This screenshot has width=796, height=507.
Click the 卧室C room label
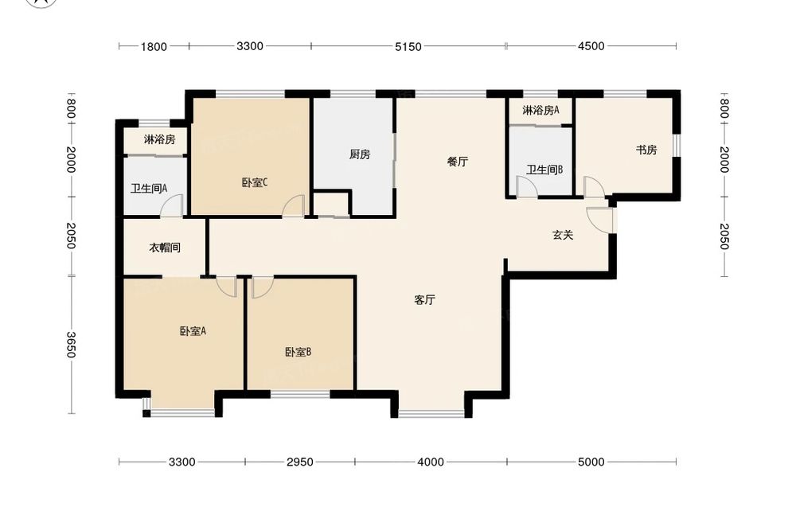[255, 182]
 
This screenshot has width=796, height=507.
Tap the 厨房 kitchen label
[360, 154]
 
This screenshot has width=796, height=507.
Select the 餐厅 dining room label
[458, 162]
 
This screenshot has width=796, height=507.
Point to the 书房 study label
[646, 150]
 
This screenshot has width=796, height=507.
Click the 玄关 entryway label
[563, 235]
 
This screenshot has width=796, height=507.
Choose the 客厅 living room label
[424, 300]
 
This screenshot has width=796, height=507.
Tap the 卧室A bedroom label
[193, 331]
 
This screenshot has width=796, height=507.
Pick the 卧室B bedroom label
[298, 352]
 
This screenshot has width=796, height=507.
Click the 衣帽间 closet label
[165, 248]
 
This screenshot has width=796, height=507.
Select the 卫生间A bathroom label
[149, 189]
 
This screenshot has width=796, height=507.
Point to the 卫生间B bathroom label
[544, 170]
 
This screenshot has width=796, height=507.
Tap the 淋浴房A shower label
[540, 110]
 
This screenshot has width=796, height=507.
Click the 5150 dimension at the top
[408, 47]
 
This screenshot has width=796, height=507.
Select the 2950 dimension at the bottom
[299, 462]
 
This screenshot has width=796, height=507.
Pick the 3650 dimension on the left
[71, 345]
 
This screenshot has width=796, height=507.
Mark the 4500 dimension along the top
[591, 46]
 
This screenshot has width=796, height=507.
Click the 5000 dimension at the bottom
[591, 462]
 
